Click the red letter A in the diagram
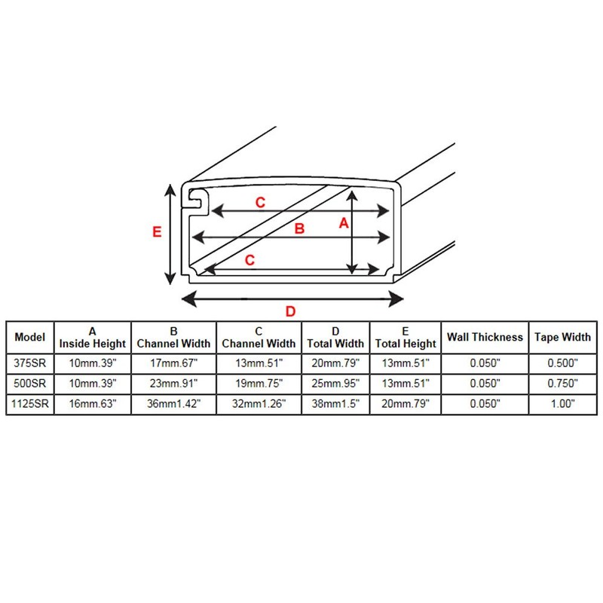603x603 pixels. click(344, 223)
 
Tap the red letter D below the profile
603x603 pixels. click(289, 311)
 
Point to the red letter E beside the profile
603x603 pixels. click(157, 232)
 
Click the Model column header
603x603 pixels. click(31, 337)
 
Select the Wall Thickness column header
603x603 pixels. click(485, 337)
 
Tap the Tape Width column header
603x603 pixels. click(562, 337)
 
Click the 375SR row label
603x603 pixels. click(31, 363)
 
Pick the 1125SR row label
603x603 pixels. click(31, 404)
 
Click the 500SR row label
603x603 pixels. click(31, 383)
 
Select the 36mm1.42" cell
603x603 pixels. click(173, 404)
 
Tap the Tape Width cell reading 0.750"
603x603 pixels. click(562, 383)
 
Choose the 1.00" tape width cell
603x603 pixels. click(562, 404)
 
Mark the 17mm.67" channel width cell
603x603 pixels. click(173, 363)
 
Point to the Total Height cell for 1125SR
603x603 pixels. click(406, 404)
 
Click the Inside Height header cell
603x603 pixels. click(93, 337)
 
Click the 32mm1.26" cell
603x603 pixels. click(259, 404)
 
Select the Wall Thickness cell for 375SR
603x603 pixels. click(485, 363)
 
